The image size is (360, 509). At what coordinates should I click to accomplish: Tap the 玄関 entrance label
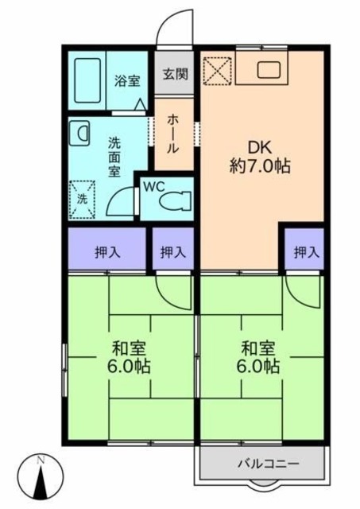pos(175,75)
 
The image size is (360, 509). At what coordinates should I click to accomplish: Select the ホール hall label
pos(172,134)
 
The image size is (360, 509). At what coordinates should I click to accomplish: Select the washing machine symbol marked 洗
pos(82,197)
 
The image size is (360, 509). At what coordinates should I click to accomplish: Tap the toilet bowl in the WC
pos(175,200)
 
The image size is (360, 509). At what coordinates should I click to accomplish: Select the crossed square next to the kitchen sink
pos(217,70)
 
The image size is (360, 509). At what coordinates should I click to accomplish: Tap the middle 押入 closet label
pos(172,253)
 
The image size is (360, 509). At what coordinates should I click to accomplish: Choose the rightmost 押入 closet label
pos(305,253)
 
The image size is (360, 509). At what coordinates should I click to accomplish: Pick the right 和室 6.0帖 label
pos(260,358)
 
